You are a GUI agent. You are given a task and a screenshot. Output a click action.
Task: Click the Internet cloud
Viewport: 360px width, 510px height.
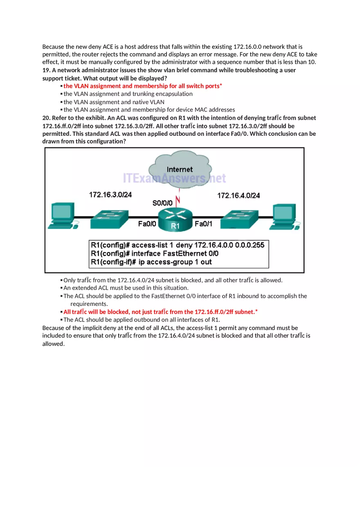coord(180,168)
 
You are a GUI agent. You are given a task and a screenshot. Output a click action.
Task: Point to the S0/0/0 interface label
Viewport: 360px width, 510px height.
coord(162,202)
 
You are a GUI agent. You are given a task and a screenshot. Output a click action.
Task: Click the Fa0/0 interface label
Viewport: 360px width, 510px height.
coord(147,224)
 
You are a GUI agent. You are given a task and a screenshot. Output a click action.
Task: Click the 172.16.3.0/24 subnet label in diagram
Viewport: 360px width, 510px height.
coord(110,195)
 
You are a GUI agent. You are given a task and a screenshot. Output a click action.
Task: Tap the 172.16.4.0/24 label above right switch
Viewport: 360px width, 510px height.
coord(239,195)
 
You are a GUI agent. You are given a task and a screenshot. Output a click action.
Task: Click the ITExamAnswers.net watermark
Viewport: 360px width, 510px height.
coord(175,178)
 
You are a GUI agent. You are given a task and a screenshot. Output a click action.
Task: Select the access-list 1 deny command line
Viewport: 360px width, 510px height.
coord(178,245)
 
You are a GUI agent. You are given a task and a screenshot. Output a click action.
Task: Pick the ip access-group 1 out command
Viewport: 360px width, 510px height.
coord(151,262)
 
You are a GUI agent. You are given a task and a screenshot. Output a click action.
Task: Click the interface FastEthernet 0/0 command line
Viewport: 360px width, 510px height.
coord(155,253)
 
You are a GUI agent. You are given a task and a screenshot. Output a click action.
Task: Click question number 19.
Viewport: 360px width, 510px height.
coord(47,70)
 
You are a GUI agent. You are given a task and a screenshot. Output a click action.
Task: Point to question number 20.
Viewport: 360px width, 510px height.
coord(47,118)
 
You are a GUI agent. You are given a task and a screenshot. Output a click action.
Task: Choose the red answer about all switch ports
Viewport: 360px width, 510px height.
coord(142,86)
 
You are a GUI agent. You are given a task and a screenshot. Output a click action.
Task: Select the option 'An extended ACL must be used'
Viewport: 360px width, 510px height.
coord(126,288)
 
